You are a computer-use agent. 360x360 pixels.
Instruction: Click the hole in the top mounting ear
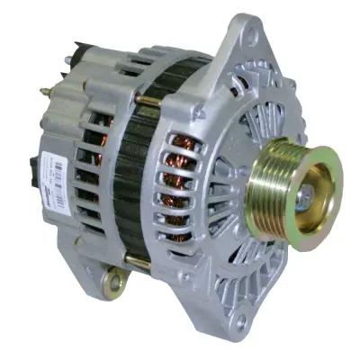pos(248,34)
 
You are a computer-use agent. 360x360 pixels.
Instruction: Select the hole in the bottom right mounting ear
pos(252,316)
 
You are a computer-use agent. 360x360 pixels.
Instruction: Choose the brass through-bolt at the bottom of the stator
pos(136,261)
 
